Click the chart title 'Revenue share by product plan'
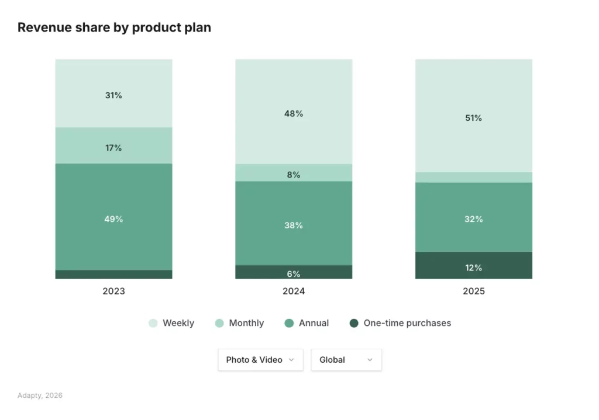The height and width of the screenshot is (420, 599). click(114, 27)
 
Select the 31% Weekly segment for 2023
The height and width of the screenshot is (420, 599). click(113, 93)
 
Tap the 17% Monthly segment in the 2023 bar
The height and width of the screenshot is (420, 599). click(113, 145)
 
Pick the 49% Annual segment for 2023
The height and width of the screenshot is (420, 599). click(113, 217)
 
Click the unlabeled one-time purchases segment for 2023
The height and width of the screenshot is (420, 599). click(113, 275)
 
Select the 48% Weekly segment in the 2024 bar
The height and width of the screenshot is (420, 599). click(294, 112)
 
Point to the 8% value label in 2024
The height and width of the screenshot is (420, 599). click(294, 175)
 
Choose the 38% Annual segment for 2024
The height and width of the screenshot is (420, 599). click(294, 223)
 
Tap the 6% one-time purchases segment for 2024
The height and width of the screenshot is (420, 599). click(294, 272)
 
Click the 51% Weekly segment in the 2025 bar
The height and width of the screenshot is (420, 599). click(474, 116)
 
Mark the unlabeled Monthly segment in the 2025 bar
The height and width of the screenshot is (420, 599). click(474, 178)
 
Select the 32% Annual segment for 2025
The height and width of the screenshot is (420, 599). click(474, 217)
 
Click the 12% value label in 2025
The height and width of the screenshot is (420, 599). click(474, 268)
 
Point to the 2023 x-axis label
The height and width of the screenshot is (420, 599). click(113, 291)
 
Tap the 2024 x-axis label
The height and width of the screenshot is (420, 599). click(294, 291)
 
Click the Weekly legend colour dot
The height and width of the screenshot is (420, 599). click(153, 323)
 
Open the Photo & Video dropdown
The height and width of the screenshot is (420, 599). click(260, 360)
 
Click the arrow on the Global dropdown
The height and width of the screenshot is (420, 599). click(370, 360)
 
